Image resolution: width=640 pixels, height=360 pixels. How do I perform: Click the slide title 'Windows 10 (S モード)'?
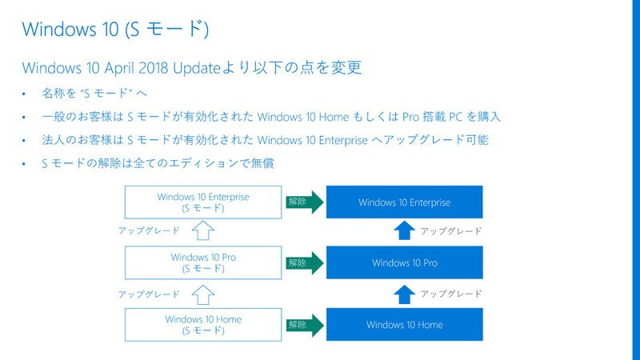(x=116, y=29)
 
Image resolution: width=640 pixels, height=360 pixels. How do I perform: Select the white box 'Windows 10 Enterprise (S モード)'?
(x=203, y=202)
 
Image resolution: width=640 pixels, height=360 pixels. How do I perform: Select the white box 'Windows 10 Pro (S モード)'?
(x=203, y=263)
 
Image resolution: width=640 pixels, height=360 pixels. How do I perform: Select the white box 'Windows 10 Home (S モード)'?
(x=203, y=324)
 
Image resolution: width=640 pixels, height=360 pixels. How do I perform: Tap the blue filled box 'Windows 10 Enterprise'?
(x=404, y=202)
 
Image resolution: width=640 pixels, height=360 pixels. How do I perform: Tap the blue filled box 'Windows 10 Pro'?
(x=404, y=262)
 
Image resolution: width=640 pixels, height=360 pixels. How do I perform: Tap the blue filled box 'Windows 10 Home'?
(x=404, y=324)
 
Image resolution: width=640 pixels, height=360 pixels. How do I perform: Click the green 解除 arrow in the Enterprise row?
(x=302, y=202)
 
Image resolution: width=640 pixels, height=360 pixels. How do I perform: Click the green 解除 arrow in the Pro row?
(x=302, y=262)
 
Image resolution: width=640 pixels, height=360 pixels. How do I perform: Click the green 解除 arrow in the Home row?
(x=302, y=324)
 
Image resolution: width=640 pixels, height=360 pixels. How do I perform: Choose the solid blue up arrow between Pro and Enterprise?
(x=404, y=232)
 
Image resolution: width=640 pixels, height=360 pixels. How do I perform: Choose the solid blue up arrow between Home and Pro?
(x=404, y=294)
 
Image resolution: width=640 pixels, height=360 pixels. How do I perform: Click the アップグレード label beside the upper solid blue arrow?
(x=451, y=231)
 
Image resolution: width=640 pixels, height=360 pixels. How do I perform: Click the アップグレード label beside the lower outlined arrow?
(x=148, y=294)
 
